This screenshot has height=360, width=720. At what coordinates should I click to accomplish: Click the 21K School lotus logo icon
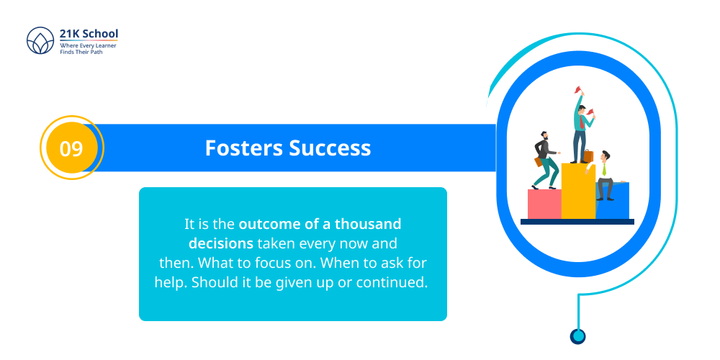tap(40, 42)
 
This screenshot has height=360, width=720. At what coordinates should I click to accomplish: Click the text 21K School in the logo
tap(89, 34)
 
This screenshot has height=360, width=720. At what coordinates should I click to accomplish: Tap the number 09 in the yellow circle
tap(71, 148)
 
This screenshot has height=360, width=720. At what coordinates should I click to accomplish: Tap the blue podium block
tap(614, 202)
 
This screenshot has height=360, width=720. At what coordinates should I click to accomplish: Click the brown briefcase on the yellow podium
tap(588, 156)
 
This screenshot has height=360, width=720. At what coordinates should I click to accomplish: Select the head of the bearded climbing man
tap(544, 135)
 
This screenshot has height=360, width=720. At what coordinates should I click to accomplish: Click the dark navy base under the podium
tap(577, 222)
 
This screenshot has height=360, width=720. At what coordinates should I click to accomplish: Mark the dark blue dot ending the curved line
tap(577, 336)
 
